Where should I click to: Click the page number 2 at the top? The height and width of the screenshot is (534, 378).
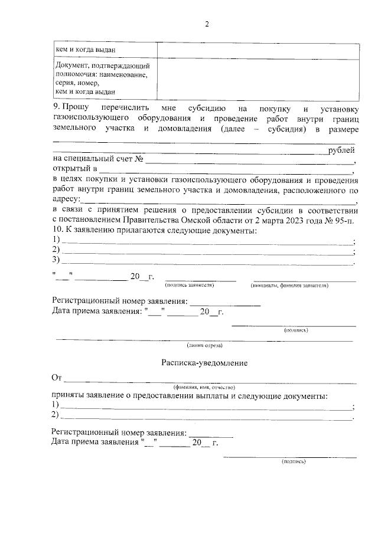pos(206,24)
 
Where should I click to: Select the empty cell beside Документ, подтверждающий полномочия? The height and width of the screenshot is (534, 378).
pos(258,78)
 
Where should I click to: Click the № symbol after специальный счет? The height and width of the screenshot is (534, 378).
pos(139,160)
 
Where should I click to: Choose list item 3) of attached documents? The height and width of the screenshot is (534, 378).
pos(57,259)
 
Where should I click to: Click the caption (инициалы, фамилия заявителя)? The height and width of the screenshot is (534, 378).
pos(288,285)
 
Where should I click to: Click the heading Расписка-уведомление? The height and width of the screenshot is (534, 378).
pos(204,363)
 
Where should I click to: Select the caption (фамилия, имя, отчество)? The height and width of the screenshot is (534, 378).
pos(200,387)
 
